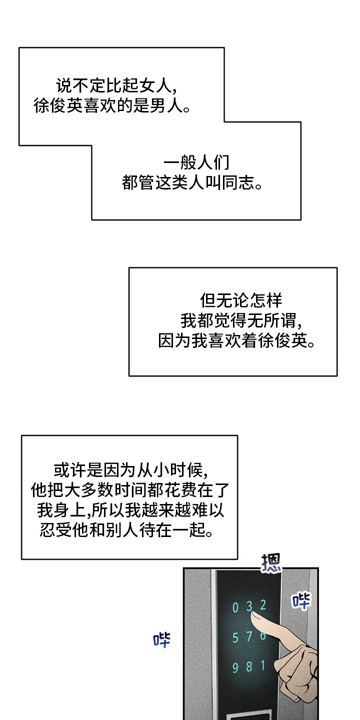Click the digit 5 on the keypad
coord(235,638)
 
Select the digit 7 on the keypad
coord(249,636)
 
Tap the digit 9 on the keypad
coord(235,668)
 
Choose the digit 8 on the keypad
coord(249,666)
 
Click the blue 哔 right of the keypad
coord(301,600)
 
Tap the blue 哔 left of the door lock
coord(161,639)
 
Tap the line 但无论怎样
coord(241,301)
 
